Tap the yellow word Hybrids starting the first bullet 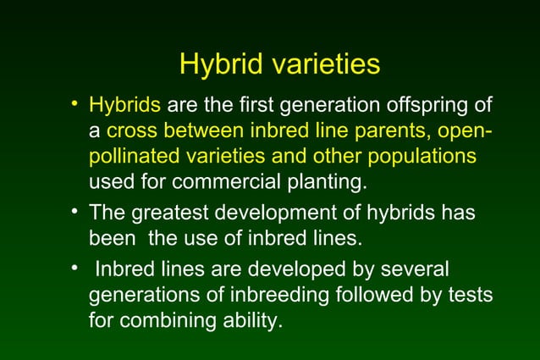[x=125, y=107]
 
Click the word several [x=413, y=270]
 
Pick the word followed [x=381, y=296]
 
